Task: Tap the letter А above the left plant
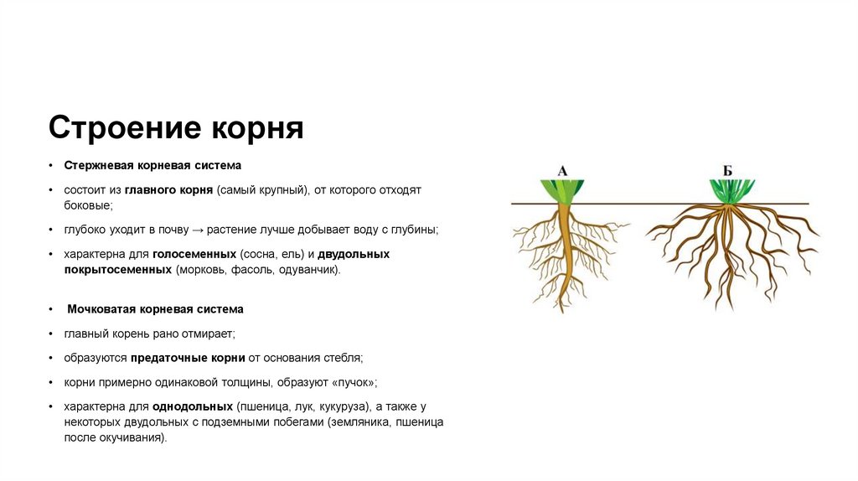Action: (562, 171)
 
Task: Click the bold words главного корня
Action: (170, 190)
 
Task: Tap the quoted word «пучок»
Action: (354, 382)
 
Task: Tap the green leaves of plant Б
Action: (727, 191)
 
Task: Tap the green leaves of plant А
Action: (563, 190)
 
